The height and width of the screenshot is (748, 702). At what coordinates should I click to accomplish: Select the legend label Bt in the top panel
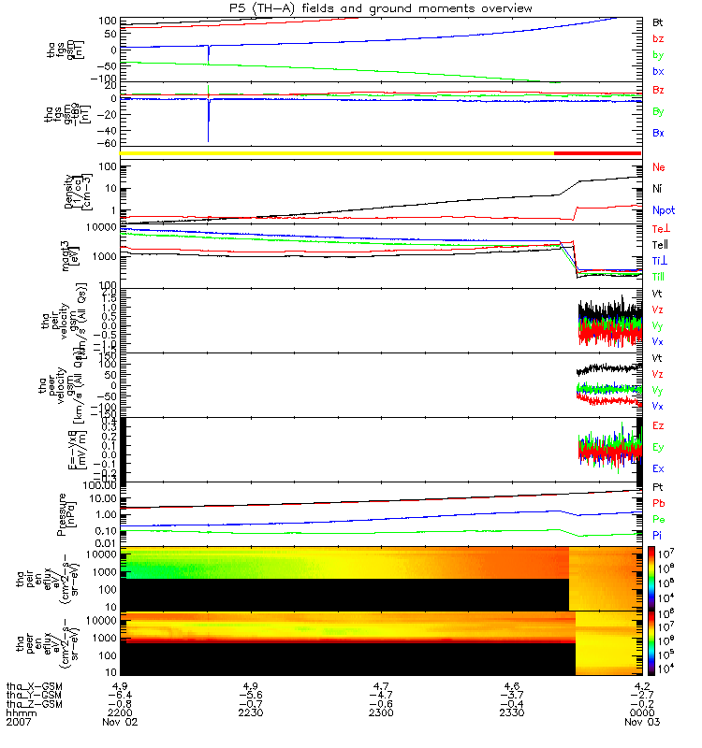(658, 21)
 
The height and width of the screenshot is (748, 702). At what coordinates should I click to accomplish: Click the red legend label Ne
(659, 167)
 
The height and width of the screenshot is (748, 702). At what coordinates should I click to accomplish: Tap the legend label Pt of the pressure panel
(658, 488)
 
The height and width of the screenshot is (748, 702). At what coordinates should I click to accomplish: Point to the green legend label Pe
(658, 518)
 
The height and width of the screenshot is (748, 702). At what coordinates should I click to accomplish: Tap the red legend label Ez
(658, 425)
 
